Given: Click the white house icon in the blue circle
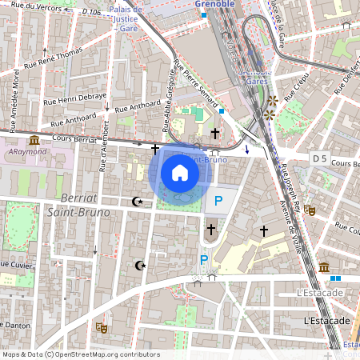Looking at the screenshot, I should tap(180, 172).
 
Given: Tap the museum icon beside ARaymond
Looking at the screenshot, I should tap(34, 140).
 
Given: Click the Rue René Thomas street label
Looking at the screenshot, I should tap(53, 61).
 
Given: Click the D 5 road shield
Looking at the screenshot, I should tap(320, 159).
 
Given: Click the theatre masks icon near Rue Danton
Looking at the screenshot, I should tap(102, 327).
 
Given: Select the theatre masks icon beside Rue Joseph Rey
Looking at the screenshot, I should tap(310, 209).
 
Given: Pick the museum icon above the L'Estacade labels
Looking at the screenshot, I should tap(324, 266).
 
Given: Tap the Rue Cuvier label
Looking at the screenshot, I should tap(16, 263).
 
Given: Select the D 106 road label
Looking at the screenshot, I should tap(90, 12).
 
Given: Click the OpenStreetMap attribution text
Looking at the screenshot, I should tap(80, 354).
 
